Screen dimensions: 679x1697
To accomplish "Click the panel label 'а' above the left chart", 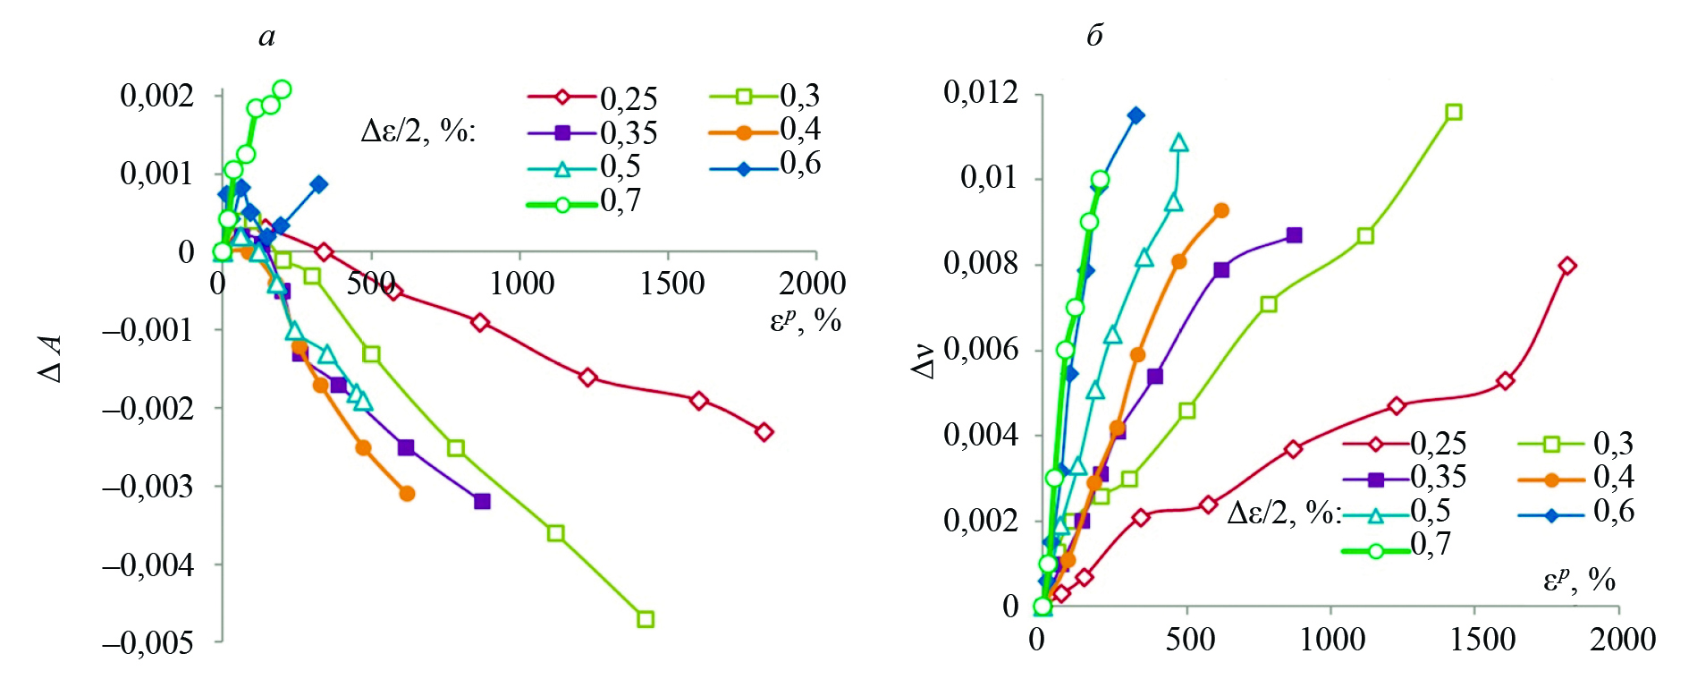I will [266, 37].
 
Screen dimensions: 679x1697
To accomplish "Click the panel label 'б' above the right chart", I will [1094, 36].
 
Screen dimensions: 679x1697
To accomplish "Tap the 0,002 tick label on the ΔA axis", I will [156, 95].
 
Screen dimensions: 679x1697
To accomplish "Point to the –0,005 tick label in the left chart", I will [147, 642].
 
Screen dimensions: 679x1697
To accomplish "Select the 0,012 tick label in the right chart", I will [980, 92].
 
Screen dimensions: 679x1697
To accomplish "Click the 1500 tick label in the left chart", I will [671, 284].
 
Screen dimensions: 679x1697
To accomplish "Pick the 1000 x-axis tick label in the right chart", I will [1331, 640].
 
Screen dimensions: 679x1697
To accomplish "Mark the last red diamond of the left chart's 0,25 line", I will [764, 432].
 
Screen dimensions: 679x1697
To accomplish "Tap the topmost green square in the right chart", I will [1454, 112].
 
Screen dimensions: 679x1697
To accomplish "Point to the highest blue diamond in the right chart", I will [1136, 115].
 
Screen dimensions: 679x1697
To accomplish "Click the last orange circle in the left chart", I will [407, 494].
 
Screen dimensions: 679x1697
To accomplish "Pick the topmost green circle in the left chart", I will [282, 89].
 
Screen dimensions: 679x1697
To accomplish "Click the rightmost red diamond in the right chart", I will [1567, 266].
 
